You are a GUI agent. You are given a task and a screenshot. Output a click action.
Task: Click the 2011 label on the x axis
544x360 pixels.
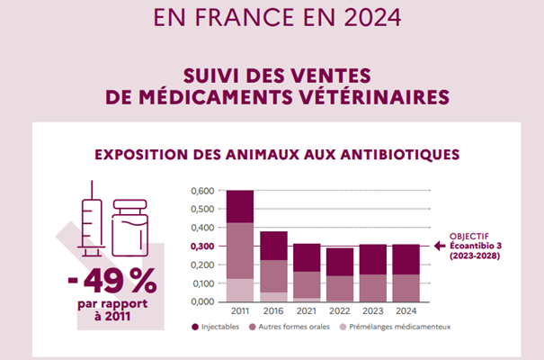pyautogui.click(x=239, y=311)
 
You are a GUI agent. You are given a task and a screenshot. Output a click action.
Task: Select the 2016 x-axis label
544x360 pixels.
pyautogui.click(x=274, y=311)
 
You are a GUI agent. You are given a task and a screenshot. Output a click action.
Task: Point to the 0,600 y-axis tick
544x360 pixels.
pyautogui.click(x=202, y=192)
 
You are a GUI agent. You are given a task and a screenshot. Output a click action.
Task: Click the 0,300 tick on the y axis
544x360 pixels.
pyautogui.click(x=202, y=247)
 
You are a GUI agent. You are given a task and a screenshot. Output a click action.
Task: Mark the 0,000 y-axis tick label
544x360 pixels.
pyautogui.click(x=202, y=301)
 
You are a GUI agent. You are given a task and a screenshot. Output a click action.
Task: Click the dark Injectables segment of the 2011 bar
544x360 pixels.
pyautogui.click(x=239, y=206)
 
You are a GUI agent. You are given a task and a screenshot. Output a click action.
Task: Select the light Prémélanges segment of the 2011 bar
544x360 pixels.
pyautogui.click(x=239, y=290)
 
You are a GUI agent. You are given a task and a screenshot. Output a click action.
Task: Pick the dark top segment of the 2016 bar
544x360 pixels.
pyautogui.click(x=274, y=246)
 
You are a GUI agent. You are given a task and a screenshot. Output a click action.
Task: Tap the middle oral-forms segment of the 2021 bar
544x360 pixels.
pyautogui.click(x=307, y=284)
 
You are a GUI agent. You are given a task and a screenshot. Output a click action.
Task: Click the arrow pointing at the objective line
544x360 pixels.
pyautogui.click(x=441, y=246)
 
